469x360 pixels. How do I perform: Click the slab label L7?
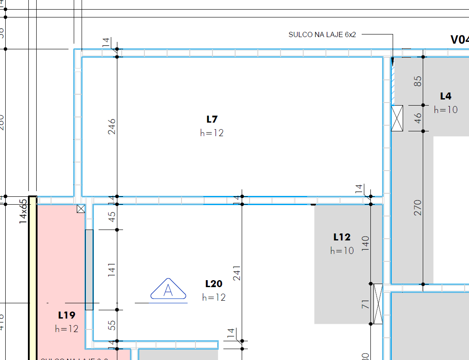click(x=212, y=119)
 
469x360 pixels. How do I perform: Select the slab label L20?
click(x=214, y=284)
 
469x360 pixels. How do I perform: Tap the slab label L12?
click(x=342, y=237)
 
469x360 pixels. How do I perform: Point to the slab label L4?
click(x=445, y=96)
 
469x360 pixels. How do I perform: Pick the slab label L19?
click(x=67, y=315)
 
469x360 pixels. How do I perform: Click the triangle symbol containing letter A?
click(x=168, y=290)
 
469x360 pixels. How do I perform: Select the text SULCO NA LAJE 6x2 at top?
click(x=322, y=34)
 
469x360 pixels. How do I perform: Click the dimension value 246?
click(x=112, y=126)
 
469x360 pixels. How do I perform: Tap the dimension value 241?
click(x=237, y=273)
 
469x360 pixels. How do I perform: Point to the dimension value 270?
click(x=418, y=207)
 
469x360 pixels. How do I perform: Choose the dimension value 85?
click(x=418, y=81)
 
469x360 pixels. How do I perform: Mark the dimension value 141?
click(x=112, y=270)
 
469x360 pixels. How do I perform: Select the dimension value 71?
click(x=366, y=304)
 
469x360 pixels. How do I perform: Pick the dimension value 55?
click(x=112, y=325)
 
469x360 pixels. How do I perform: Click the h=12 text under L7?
click(x=212, y=133)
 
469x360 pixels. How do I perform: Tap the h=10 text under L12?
click(x=342, y=250)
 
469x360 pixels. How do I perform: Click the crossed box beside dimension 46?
click(x=397, y=118)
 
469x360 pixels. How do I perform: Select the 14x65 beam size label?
click(x=23, y=211)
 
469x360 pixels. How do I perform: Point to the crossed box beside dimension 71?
click(x=378, y=304)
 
